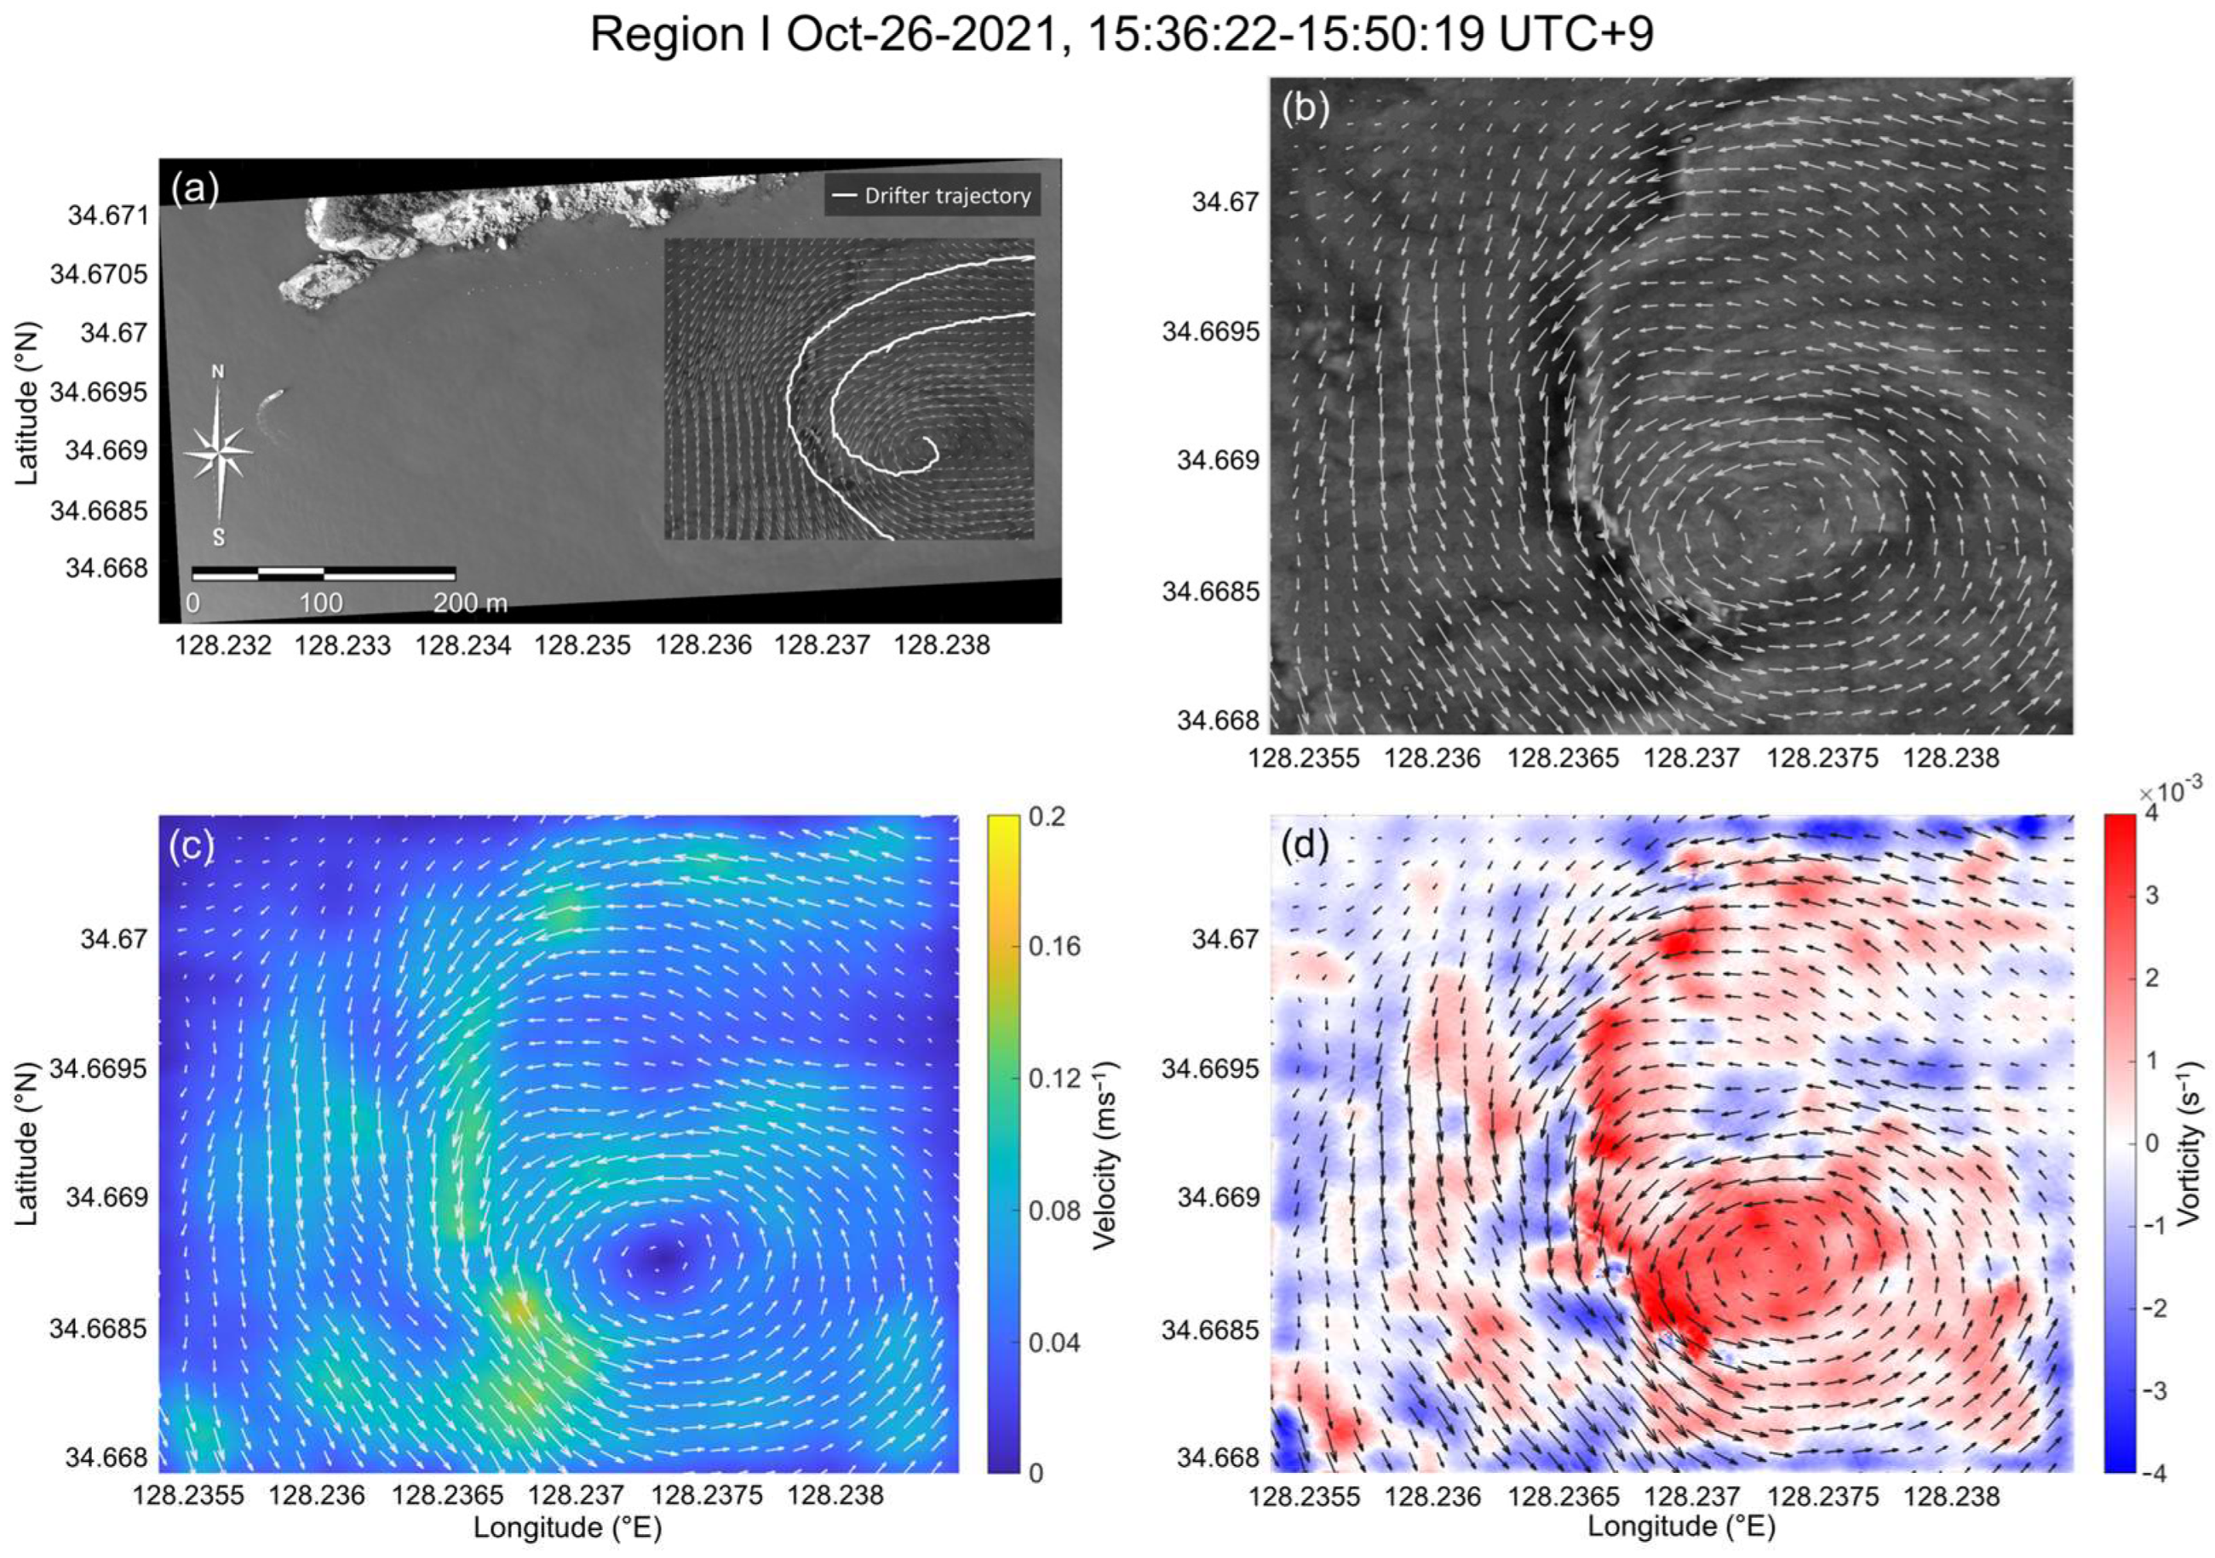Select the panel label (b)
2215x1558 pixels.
pyautogui.click(x=1305, y=110)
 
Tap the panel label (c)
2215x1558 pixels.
pyautogui.click(x=190, y=845)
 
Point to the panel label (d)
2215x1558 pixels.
pyautogui.click(x=1305, y=845)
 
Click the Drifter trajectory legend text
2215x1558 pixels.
pyautogui.click(x=946, y=196)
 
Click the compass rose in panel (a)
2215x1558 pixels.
pyautogui.click(x=220, y=451)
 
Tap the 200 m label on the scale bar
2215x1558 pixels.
pyautogui.click(x=470, y=604)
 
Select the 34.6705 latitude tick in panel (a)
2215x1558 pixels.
pyautogui.click(x=100, y=274)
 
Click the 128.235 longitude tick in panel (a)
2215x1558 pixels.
pyautogui.click(x=582, y=645)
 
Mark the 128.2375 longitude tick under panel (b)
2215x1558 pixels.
pyautogui.click(x=1822, y=759)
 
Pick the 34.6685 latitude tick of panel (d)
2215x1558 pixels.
pyautogui.click(x=1211, y=1329)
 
